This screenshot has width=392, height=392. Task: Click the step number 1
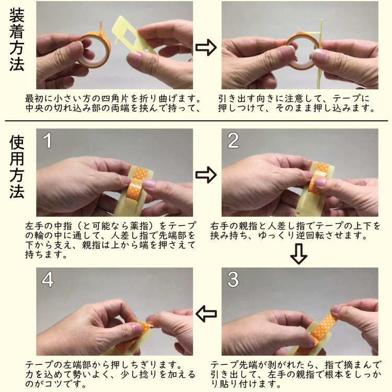coord(47,140)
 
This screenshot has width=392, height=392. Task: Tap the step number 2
coord(233,140)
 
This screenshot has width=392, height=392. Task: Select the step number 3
coord(233,279)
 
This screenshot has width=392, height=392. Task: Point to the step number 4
coord(48,279)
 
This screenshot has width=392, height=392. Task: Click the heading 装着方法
coord(17,40)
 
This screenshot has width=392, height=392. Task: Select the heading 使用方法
coord(17,167)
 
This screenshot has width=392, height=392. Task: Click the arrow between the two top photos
coord(206,47)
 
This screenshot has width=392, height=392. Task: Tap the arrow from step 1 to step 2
coord(206,175)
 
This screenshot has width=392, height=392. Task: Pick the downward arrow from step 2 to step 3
coord(298,253)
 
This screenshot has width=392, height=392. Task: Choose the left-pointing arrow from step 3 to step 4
coord(206,314)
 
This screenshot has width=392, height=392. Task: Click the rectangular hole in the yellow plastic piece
coord(131,37)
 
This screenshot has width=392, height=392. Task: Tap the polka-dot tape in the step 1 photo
coord(137,183)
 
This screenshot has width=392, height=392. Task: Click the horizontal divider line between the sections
coord(196,121)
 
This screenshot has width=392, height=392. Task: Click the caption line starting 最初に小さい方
coord(113,99)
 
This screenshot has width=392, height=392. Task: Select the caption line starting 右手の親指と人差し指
coord(295,226)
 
